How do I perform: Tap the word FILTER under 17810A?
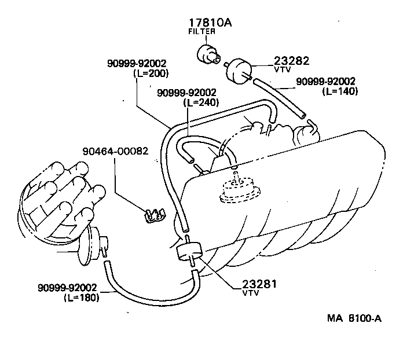click(201, 32)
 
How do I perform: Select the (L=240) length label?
click(200, 102)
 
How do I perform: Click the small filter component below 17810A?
click(207, 54)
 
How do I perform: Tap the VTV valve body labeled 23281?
click(188, 253)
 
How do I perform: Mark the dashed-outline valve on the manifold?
click(237, 190)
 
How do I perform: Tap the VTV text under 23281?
click(250, 293)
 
